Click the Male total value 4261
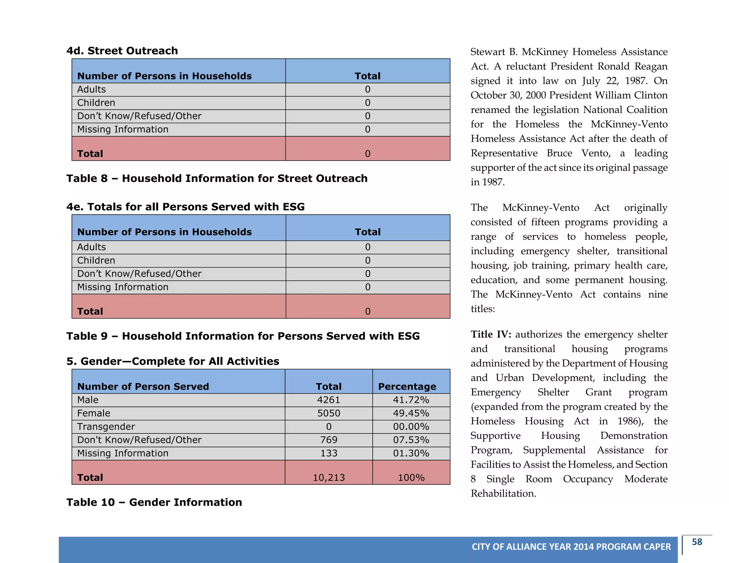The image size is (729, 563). (x=328, y=400)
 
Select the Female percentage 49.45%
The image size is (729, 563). (x=411, y=413)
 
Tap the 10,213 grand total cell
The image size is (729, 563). (x=329, y=477)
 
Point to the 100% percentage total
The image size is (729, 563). (x=411, y=477)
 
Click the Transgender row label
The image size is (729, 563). (x=106, y=426)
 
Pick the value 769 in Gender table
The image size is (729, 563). (x=328, y=440)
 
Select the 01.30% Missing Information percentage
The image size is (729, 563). (x=411, y=453)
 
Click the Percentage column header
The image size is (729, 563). (x=407, y=386)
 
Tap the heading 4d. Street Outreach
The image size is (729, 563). (x=122, y=51)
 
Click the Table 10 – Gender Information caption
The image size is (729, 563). (x=154, y=502)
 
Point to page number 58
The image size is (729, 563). (x=697, y=542)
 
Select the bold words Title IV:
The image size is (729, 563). (x=491, y=334)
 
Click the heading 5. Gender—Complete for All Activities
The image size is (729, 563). (x=173, y=361)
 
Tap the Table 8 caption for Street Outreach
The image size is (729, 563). (x=217, y=178)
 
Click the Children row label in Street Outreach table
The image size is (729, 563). (x=96, y=102)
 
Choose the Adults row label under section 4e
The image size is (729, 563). (x=91, y=247)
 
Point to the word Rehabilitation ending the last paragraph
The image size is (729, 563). (x=503, y=493)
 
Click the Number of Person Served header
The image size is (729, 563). (x=143, y=386)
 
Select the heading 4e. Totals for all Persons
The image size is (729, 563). (x=185, y=207)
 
